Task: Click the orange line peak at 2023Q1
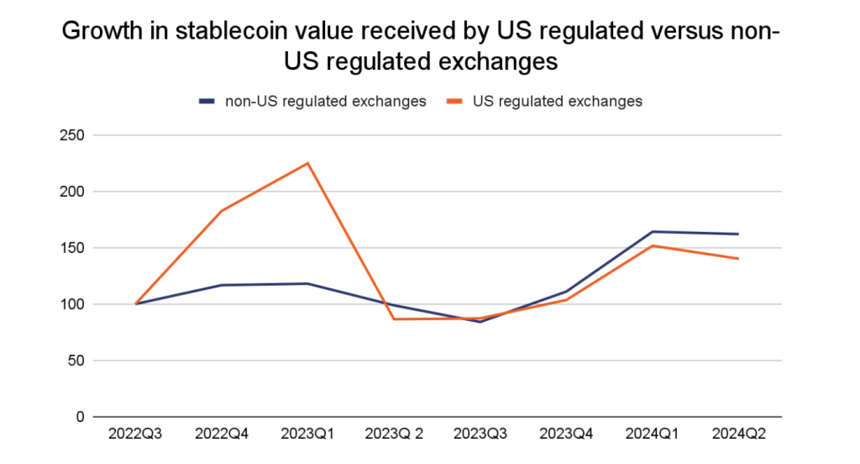pos(308,163)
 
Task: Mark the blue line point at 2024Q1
pos(653,232)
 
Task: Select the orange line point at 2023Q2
pos(394,319)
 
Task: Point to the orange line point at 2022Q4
pos(222,211)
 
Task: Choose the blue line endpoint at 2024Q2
pos(738,234)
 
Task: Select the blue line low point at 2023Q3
pos(480,322)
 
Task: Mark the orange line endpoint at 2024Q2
pos(738,259)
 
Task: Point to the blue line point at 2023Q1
pos(308,283)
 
